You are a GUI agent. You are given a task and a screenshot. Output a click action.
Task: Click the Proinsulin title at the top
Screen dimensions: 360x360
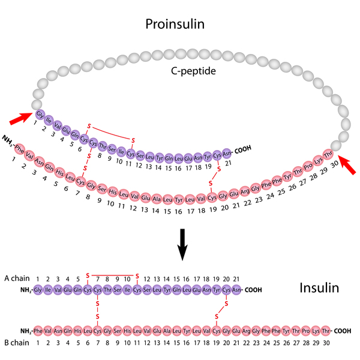[180, 24]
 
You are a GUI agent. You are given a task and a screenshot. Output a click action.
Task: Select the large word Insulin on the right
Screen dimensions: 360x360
[319, 289]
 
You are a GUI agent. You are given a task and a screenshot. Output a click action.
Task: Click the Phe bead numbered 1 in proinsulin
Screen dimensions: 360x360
[20, 148]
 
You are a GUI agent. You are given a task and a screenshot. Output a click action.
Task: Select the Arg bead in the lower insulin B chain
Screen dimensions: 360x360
[245, 331]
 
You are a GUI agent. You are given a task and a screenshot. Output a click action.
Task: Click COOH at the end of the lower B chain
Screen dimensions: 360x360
[342, 331]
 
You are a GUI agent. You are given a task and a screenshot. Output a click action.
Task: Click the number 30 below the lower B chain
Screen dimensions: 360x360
[326, 343]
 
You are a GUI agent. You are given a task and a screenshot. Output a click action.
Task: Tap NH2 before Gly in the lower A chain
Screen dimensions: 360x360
[27, 290]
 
